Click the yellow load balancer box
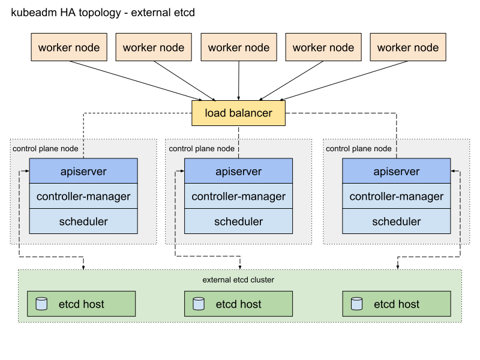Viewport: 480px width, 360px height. pos(238,113)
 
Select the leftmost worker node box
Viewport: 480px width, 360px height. pos(69,47)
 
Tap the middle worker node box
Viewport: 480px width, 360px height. pos(238,47)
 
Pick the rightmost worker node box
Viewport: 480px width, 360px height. pos(408,47)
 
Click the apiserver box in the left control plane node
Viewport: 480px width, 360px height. pos(83,171)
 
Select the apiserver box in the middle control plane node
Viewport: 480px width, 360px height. pos(238,171)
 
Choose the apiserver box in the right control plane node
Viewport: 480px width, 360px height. pos(396,171)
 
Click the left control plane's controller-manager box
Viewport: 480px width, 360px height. pos(83,196)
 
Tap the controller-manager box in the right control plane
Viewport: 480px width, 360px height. pos(396,196)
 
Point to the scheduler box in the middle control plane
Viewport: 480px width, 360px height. pos(238,221)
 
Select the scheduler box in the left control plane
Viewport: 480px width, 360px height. pos(83,221)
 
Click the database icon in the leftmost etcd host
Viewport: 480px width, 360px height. pos(41,304)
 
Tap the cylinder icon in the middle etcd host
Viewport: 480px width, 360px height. pos(199,304)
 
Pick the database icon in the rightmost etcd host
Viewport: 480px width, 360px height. pos(356,304)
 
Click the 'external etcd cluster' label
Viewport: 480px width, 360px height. pos(238,280)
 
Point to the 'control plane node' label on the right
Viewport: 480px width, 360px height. pos(358,148)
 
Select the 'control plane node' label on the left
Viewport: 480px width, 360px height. pos(45,148)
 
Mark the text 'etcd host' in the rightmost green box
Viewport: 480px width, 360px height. pos(396,304)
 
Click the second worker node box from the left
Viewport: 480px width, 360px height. pos(154,47)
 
